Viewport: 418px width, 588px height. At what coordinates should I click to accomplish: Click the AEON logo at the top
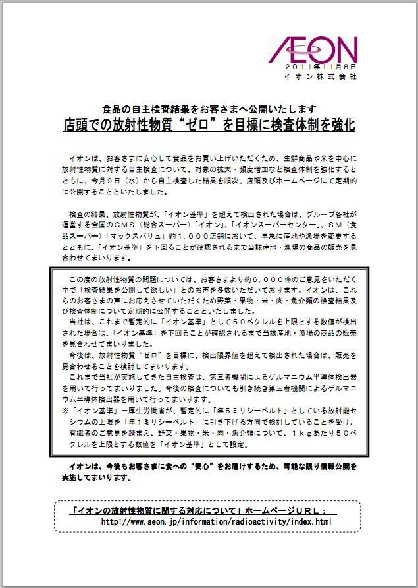315,49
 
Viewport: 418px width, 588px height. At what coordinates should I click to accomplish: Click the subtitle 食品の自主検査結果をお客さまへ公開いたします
210,109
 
